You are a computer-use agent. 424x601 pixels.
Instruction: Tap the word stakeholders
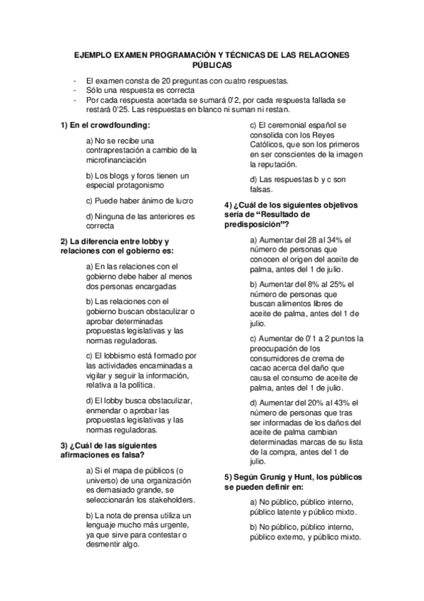coord(170,500)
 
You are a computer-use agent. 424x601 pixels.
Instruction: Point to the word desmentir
coord(105,545)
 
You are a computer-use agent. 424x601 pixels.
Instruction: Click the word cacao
coord(265,369)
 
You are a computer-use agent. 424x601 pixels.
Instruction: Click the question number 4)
coord(229,205)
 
